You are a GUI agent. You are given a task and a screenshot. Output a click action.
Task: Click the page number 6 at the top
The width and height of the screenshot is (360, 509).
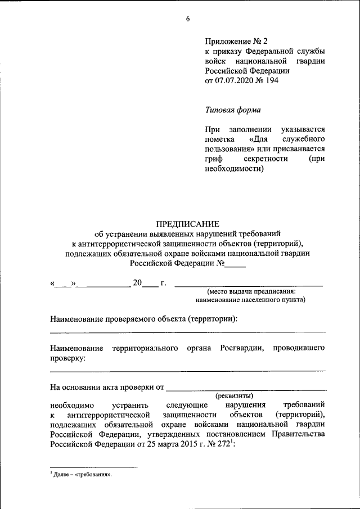point(188,19)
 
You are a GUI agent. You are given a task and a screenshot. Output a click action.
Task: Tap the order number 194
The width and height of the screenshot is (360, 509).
point(272,80)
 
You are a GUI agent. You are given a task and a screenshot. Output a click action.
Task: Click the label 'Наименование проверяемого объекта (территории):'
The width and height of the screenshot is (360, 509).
point(144,319)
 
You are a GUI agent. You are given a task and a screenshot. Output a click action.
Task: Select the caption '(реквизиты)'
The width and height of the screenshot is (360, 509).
point(235,396)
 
